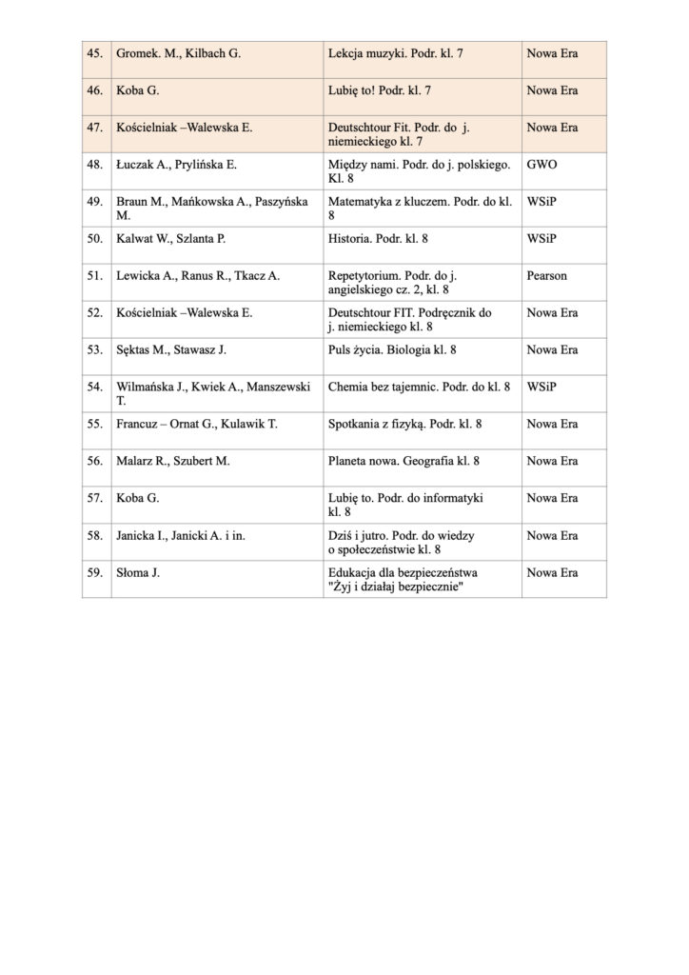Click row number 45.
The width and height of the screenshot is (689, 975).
[94, 54]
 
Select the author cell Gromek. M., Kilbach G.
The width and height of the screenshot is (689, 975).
[178, 54]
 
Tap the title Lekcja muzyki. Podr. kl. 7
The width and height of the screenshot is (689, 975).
[395, 54]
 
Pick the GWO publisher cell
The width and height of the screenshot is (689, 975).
[541, 165]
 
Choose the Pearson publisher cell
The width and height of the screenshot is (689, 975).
[546, 276]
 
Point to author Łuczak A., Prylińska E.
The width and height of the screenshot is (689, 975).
[176, 165]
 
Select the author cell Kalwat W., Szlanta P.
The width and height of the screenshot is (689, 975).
[170, 239]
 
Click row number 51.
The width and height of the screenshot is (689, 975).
[94, 276]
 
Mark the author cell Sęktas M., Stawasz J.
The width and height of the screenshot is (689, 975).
[170, 350]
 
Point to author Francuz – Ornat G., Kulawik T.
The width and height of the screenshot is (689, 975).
[196, 425]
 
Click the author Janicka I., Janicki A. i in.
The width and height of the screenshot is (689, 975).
[181, 536]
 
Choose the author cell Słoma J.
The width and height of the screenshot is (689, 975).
[138, 573]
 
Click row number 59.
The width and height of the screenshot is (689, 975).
[94, 573]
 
